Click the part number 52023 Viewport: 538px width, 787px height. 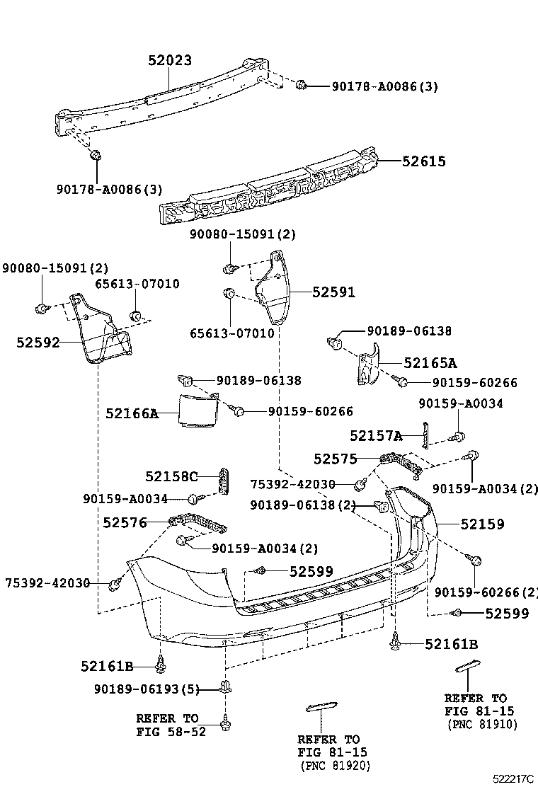pos(170,61)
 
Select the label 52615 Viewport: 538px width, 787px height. pos(424,161)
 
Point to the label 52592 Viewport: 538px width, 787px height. pos(38,343)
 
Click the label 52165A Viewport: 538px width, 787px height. pos(430,363)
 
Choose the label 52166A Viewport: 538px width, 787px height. pos(132,413)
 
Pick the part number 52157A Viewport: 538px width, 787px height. pos(376,435)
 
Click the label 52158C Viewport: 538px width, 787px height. pos(171,476)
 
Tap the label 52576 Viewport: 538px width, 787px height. pos(125,523)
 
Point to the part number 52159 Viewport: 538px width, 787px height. pos(482,524)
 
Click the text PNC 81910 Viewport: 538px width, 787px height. pos(482,724)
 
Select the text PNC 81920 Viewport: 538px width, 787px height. pos(335,766)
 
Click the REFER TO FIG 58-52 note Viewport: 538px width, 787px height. pos(171,725)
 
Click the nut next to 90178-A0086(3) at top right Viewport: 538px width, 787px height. pos(301,86)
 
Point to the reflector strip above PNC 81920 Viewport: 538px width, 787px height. pos(321,706)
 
